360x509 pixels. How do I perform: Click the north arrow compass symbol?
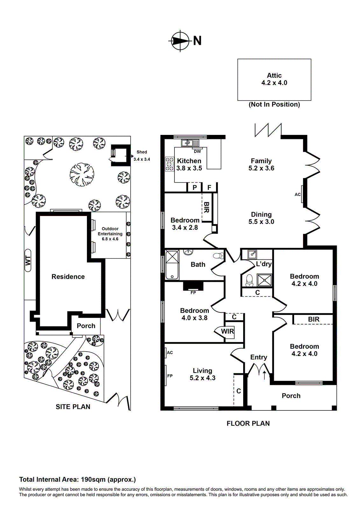(x=180, y=41)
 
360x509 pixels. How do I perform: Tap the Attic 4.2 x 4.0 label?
(x=274, y=79)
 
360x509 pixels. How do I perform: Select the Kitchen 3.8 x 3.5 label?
(x=189, y=164)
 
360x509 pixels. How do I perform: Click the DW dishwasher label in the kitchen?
(x=197, y=151)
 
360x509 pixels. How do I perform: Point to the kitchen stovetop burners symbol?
(x=169, y=164)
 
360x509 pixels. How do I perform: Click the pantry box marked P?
(x=194, y=188)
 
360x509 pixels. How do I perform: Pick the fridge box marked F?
(x=209, y=188)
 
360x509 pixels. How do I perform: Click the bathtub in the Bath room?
(x=172, y=265)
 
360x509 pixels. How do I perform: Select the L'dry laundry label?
(x=264, y=264)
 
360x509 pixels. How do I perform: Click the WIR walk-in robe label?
(x=227, y=331)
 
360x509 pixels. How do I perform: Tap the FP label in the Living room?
(x=170, y=376)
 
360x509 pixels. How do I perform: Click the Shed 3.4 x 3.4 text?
(x=142, y=156)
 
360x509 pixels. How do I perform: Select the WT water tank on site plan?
(x=28, y=261)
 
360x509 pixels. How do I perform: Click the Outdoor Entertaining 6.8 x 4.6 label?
(x=110, y=234)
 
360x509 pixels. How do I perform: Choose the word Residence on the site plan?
(x=68, y=277)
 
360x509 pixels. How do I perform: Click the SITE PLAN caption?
(x=73, y=407)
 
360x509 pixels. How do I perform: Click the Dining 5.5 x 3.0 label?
(x=261, y=218)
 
